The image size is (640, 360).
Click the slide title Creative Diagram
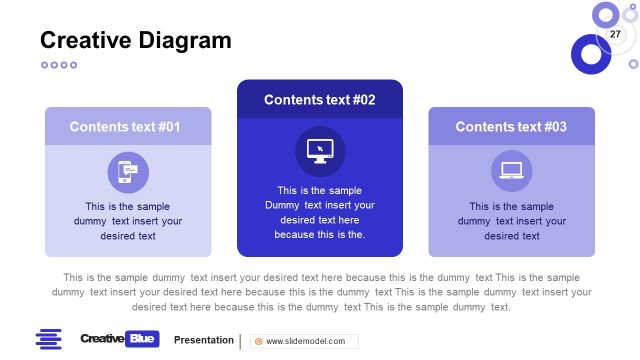(135, 40)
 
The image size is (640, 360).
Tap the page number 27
(615, 35)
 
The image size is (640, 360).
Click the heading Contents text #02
(319, 100)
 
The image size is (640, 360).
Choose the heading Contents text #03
(511, 127)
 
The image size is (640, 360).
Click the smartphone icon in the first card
(128, 172)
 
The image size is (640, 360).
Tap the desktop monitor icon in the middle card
(320, 151)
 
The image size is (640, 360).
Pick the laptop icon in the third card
(511, 171)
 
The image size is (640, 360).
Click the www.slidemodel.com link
(305, 341)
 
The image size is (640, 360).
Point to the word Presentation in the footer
(203, 340)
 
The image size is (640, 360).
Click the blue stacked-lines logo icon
(48, 339)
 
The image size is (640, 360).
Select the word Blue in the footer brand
(143, 339)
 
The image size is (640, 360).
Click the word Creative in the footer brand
(103, 339)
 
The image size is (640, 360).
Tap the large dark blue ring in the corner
(590, 54)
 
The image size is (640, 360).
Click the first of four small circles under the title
(44, 65)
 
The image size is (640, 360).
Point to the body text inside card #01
(128, 221)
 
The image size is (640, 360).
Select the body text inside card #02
(320, 212)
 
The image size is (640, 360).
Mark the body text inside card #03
(512, 221)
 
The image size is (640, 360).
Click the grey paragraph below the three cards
(320, 292)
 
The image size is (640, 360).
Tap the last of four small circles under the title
(73, 65)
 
